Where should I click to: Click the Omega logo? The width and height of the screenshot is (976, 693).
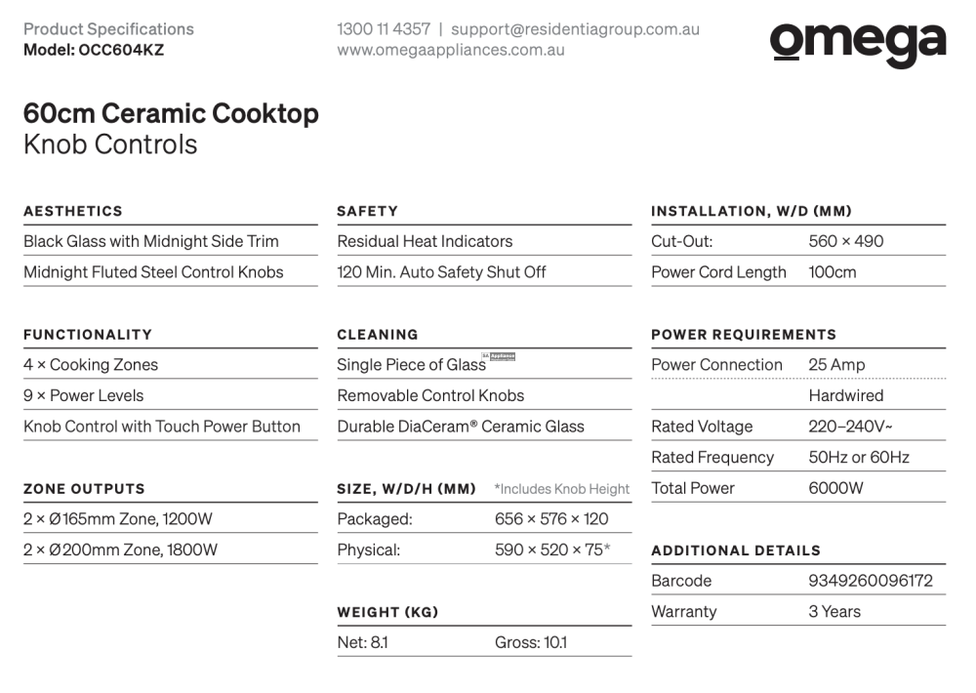(x=857, y=45)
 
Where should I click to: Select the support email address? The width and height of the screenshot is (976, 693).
(x=575, y=29)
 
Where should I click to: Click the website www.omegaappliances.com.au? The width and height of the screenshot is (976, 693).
(x=451, y=50)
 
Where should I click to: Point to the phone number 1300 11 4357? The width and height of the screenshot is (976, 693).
(x=384, y=29)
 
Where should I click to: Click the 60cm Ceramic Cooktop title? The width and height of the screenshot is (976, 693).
(x=171, y=114)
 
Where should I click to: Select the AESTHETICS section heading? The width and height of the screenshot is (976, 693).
(x=73, y=211)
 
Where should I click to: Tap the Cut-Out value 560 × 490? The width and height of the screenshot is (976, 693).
(x=845, y=241)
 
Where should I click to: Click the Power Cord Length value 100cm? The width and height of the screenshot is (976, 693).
(x=832, y=272)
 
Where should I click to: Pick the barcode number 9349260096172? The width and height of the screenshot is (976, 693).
(x=871, y=581)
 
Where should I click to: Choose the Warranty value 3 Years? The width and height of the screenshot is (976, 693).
(x=834, y=612)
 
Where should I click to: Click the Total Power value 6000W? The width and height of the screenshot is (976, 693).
(x=835, y=488)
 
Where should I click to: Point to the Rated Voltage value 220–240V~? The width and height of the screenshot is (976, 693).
(x=850, y=427)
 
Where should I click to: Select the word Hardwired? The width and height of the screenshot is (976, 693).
(x=845, y=395)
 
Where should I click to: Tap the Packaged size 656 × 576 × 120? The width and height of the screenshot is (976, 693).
(x=551, y=519)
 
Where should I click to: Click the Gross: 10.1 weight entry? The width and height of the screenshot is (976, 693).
(x=530, y=642)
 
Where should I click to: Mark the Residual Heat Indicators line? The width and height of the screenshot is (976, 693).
(x=425, y=241)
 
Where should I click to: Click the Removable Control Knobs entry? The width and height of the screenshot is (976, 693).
(x=430, y=395)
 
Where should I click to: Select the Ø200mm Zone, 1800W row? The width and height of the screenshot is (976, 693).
(x=120, y=550)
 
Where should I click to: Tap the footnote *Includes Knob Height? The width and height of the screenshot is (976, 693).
(x=561, y=489)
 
